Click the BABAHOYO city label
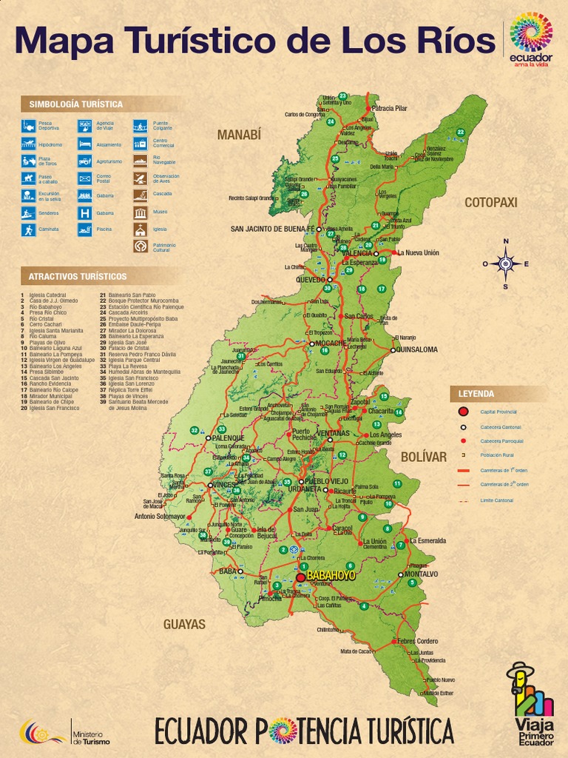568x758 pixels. tap(331, 575)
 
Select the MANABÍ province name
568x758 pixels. tap(239, 135)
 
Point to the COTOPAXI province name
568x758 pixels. tap(490, 202)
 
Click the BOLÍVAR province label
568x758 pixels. tap(424, 457)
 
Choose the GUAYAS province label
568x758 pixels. tap(184, 624)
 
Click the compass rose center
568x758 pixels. tap(506, 264)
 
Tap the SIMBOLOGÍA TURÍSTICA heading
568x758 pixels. tap(76, 104)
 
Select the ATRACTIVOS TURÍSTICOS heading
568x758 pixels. tap(78, 277)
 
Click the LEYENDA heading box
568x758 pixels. tap(476, 394)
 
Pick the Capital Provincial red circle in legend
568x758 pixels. tap(463, 412)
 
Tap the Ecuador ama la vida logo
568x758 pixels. tap(531, 39)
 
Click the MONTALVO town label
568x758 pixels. tap(421, 574)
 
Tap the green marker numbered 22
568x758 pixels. tap(460, 133)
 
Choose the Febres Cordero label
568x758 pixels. tap(417, 641)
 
